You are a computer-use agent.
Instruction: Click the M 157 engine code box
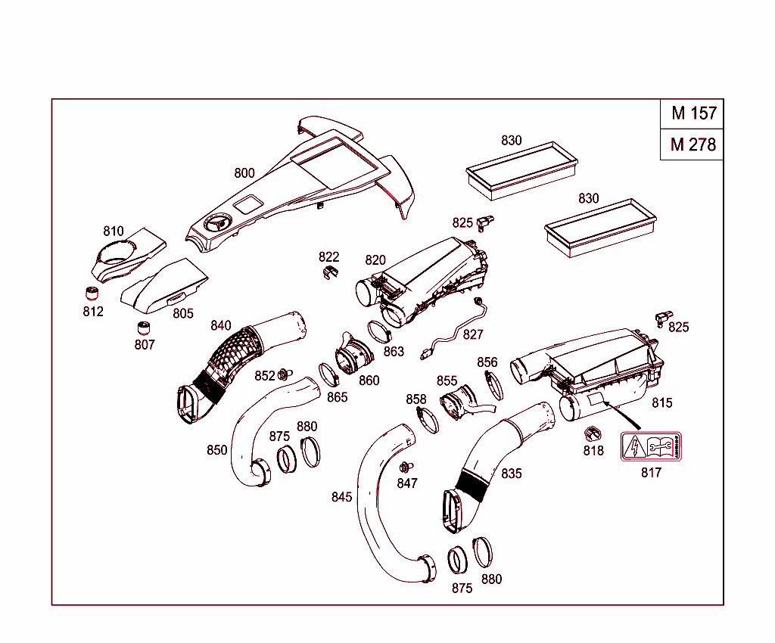point(693,114)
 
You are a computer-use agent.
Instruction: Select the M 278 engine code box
point(693,144)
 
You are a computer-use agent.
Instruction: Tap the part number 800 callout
point(244,173)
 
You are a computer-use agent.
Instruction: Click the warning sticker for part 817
point(651,447)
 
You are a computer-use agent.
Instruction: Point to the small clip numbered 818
point(591,434)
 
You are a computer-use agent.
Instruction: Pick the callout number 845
point(341,497)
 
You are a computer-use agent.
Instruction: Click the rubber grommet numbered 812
point(93,294)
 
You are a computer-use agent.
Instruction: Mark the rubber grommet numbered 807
point(144,328)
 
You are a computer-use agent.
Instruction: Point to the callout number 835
point(512,474)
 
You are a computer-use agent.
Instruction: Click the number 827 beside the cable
point(473,334)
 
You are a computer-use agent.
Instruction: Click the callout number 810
point(114,231)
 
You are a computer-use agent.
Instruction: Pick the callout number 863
point(394,351)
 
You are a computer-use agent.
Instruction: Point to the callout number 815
point(661,403)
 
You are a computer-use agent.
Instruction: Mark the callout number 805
point(182,313)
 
